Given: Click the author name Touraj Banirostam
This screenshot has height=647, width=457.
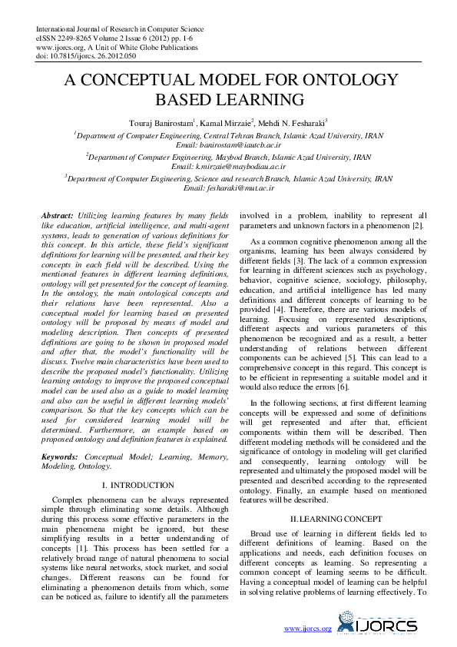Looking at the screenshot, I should tap(160, 121).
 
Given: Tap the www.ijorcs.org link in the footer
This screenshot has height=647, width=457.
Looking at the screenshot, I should tap(307, 629).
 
